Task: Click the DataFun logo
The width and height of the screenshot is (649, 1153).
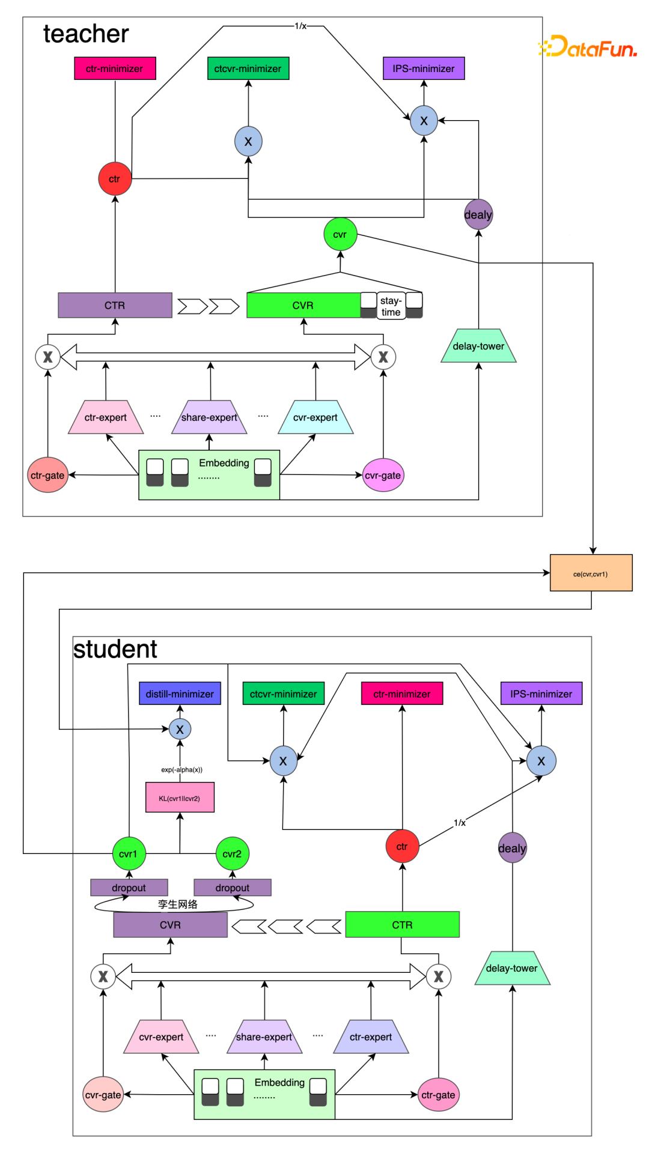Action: click(x=588, y=47)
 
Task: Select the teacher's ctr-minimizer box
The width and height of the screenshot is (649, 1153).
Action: click(x=115, y=68)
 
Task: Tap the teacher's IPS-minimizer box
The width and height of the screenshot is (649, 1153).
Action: click(x=424, y=68)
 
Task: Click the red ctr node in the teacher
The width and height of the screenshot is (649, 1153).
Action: click(x=115, y=179)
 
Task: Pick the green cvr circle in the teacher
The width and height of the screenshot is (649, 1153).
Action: click(x=340, y=234)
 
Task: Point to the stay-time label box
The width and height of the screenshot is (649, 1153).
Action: click(x=391, y=306)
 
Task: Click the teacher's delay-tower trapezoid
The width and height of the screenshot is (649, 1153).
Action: click(x=478, y=347)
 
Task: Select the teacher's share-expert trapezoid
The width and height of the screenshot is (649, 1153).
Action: click(x=209, y=417)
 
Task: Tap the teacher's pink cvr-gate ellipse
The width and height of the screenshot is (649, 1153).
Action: click(x=383, y=476)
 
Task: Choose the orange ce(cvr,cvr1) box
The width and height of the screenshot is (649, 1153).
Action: click(x=591, y=573)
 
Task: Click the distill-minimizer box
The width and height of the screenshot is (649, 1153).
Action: click(x=180, y=694)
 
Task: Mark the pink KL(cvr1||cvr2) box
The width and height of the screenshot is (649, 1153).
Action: click(x=180, y=798)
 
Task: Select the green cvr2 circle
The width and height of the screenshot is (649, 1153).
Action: click(x=232, y=854)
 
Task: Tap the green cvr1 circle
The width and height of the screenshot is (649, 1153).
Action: click(x=129, y=854)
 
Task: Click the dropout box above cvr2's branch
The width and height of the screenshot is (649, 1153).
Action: click(x=233, y=888)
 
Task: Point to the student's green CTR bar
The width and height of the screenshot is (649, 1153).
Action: click(x=402, y=925)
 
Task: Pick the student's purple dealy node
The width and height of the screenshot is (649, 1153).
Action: click(x=512, y=848)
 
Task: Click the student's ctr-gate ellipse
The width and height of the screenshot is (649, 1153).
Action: click(x=438, y=1095)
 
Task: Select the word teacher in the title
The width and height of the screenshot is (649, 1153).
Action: click(x=86, y=34)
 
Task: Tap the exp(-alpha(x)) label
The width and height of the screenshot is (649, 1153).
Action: click(x=181, y=770)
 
